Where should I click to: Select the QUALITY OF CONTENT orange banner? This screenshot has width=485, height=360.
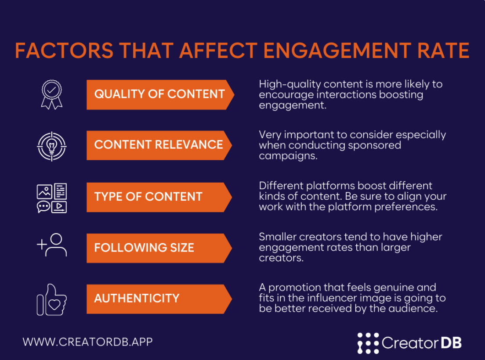pos(159,94)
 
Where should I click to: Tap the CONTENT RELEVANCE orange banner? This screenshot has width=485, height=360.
pos(159,145)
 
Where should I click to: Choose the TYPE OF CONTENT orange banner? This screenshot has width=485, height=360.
pos(159,197)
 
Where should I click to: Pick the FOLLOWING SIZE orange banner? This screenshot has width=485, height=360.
pos(159,248)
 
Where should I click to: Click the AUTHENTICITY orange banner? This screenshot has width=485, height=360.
pos(159,299)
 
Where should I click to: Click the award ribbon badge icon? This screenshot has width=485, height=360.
pos(51,94)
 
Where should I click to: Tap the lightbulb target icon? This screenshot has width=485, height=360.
pos(51,145)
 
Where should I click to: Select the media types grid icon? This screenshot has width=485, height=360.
pos(51,198)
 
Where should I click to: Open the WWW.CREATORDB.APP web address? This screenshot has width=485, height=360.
pos(87,342)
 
